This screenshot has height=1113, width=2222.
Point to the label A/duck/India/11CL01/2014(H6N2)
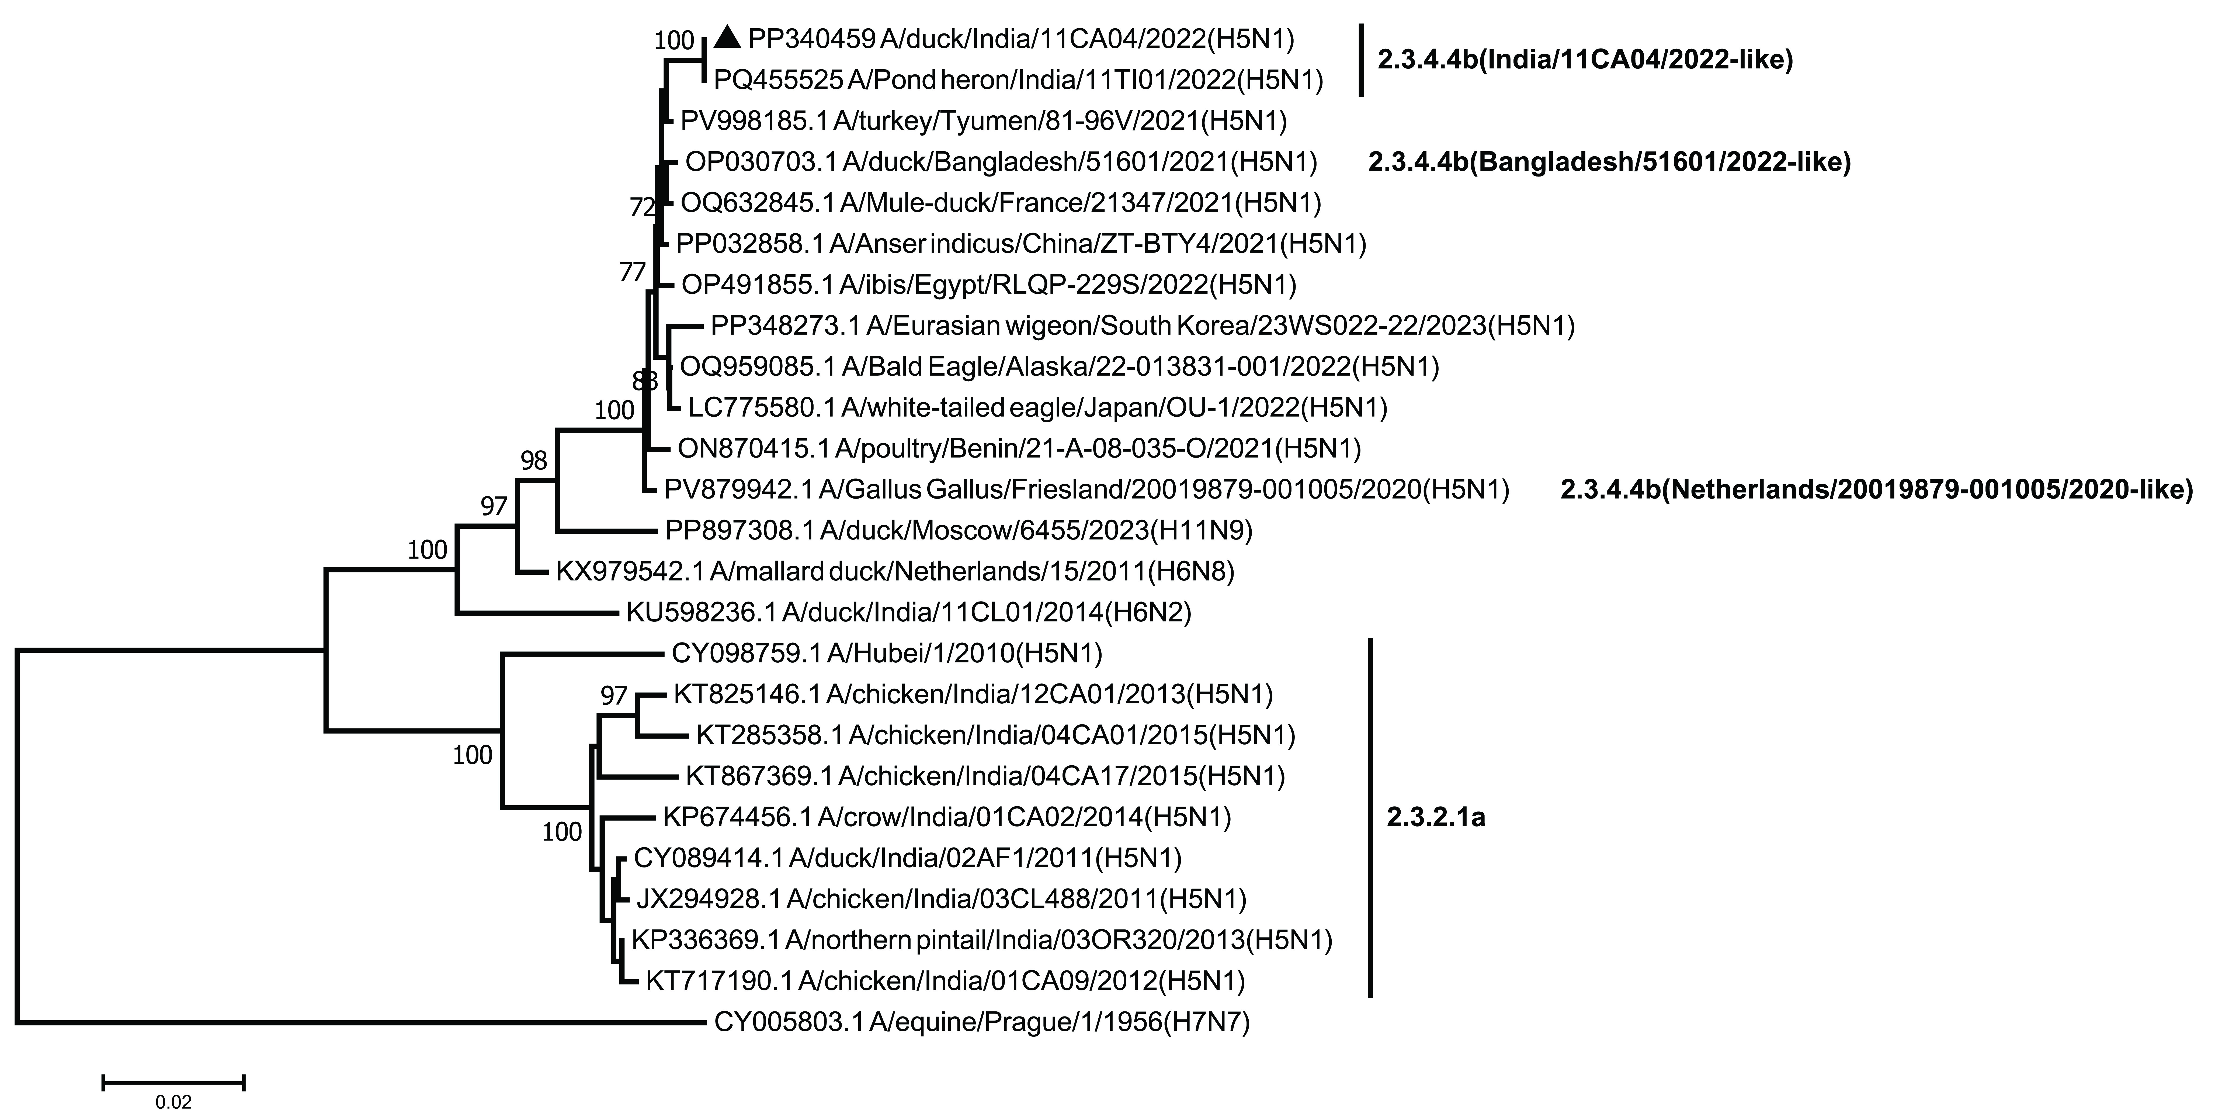pos(909,613)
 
